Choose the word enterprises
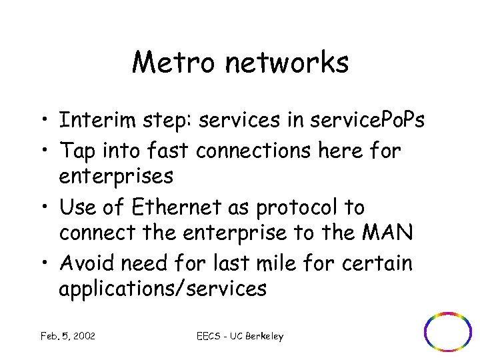point(116,177)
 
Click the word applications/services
point(163,289)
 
